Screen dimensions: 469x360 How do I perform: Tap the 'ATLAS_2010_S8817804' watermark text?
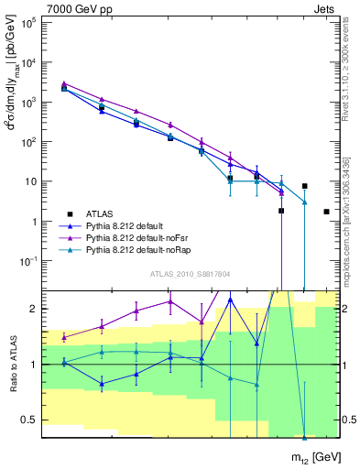pos(191,274)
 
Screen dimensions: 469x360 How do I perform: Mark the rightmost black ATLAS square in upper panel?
pos(327,212)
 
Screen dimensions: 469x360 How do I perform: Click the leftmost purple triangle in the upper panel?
pos(64,83)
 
